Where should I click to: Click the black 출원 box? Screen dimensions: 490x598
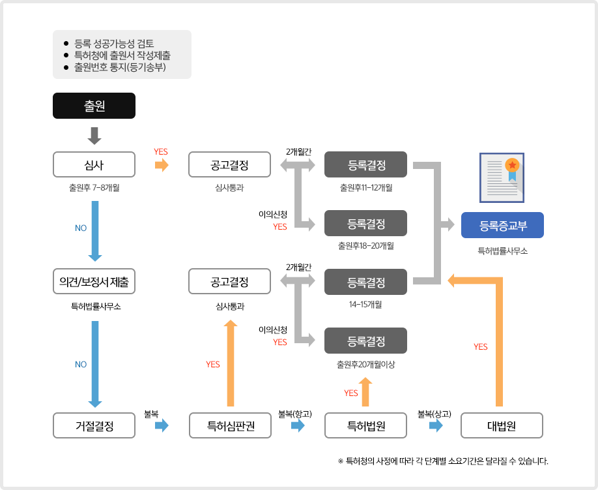point(94,106)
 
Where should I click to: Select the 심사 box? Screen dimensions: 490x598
point(94,164)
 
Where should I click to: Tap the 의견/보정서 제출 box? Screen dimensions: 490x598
point(94,282)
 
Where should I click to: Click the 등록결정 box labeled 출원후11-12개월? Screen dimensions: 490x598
point(366,164)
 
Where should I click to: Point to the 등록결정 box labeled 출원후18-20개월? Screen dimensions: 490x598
point(366,223)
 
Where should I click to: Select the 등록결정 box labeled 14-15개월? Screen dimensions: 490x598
point(366,282)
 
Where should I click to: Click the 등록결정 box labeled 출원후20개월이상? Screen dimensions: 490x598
point(366,341)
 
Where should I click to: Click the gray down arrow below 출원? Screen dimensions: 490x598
point(94,135)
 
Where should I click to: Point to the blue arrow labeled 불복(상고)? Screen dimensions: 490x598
point(436,426)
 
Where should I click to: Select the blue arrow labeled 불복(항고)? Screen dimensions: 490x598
point(298,426)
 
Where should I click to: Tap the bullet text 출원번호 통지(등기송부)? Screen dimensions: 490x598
point(121,67)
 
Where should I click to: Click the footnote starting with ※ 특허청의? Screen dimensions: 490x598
point(443,461)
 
